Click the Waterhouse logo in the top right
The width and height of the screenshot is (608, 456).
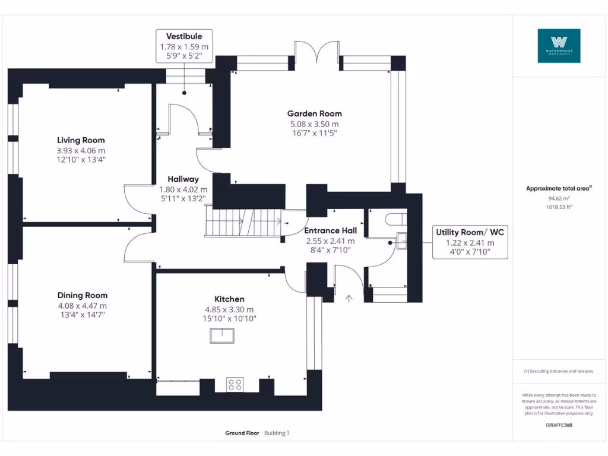click(x=559, y=46)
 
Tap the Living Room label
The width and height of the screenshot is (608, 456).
click(x=81, y=140)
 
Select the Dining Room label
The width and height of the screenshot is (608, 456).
click(x=83, y=295)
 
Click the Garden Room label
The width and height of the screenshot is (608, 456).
click(x=314, y=113)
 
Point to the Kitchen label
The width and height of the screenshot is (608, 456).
click(x=229, y=299)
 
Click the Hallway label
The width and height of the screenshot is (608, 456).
click(x=183, y=179)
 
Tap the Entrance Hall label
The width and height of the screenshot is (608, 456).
click(x=330, y=230)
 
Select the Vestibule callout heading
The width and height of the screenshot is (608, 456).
click(x=184, y=36)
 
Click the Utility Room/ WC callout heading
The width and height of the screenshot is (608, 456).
click(x=470, y=232)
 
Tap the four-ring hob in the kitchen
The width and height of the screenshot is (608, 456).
click(x=235, y=385)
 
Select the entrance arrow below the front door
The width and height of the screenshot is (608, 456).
click(x=349, y=298)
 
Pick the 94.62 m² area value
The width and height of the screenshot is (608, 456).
click(x=558, y=199)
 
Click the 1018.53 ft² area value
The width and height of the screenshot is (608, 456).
click(x=558, y=207)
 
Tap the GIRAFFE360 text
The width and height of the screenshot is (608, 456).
click(x=559, y=425)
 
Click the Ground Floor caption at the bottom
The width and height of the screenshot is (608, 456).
click(x=242, y=433)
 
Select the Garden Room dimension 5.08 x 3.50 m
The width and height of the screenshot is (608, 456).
click(x=314, y=124)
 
